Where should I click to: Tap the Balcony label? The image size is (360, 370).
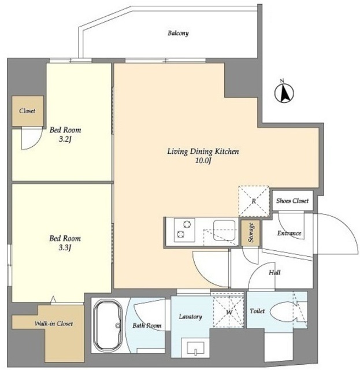tap(178, 34)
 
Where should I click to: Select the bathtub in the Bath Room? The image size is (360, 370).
tap(108, 325)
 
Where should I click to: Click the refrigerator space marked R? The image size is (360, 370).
tap(254, 201)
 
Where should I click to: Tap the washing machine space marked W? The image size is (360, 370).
tap(229, 312)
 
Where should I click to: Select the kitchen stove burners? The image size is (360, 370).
tap(184, 230)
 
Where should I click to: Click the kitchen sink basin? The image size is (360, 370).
tap(224, 230)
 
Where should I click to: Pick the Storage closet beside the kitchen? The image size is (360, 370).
tap(251, 232)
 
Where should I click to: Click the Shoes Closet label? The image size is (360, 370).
tap(292, 201)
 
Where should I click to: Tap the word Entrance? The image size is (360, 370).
tap(290, 233)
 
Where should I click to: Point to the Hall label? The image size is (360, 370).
tap(274, 273)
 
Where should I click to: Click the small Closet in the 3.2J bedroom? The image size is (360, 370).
tap(28, 111)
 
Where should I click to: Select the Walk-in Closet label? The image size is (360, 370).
tap(54, 324)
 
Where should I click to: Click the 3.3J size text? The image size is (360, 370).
tap(65, 248)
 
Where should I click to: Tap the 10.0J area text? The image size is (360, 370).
tap(203, 161)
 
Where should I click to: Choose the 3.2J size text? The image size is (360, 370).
tap(65, 139)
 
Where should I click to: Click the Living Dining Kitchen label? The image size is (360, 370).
tap(203, 151)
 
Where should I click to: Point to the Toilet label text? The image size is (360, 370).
tap(257, 311)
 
